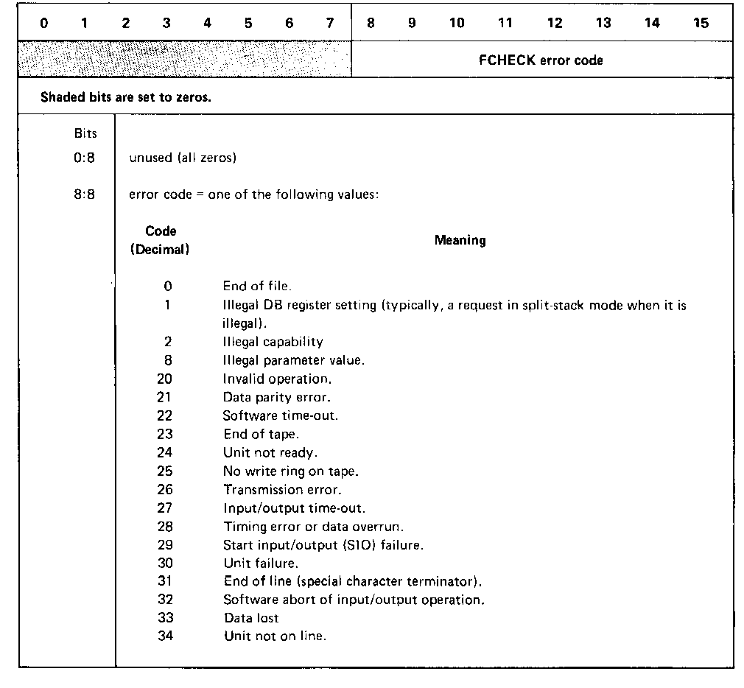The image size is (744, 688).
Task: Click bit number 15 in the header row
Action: pos(701,23)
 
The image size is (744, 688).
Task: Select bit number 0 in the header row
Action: pos(44,23)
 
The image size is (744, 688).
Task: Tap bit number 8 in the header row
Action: pos(371,23)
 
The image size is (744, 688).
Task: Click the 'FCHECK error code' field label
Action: pos(541,60)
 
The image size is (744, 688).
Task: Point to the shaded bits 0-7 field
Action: pos(185,60)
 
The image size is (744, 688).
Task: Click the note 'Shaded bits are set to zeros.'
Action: pos(125,97)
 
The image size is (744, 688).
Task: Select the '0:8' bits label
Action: pos(85,158)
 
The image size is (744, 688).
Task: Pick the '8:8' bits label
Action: pos(85,196)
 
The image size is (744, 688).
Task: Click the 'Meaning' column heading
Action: pos(460,240)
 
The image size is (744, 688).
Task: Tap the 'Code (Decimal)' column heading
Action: pos(160,240)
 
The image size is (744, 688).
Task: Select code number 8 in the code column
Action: pos(168,360)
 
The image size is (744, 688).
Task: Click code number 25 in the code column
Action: pos(165,471)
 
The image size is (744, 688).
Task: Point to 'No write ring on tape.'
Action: pos(291,471)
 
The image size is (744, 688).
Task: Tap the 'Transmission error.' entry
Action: pos(282,489)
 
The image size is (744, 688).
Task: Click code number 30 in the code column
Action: pos(165,563)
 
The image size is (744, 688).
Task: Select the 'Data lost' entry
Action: pos(251,618)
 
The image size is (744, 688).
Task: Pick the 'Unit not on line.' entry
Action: pos(274,636)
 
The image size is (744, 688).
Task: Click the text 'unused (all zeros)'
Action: pos(182,158)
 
